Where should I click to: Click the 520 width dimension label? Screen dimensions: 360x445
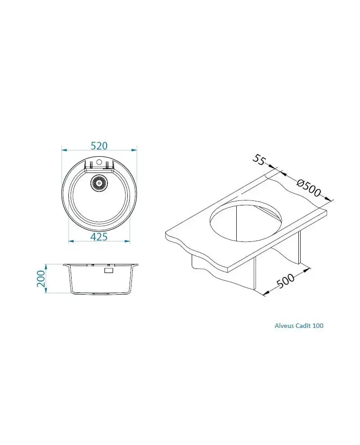pos(99,145)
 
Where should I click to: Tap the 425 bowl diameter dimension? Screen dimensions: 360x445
pos(99,237)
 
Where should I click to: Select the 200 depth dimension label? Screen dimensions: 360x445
pos(41,278)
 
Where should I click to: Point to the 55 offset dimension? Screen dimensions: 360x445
pos(258,160)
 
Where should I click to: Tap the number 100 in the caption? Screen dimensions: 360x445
pos(318,326)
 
